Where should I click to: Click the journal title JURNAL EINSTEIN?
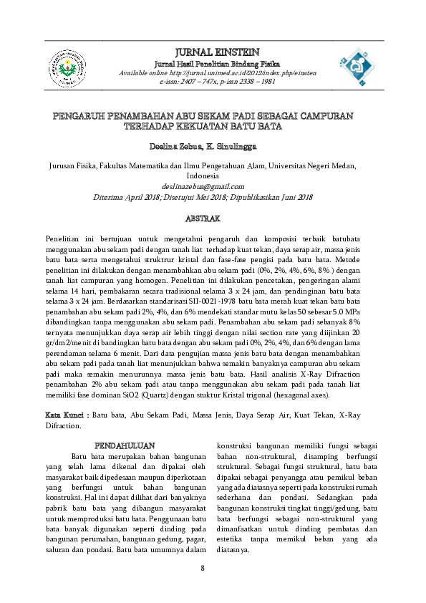217,52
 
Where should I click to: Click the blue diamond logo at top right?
355,70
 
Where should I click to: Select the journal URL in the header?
218,73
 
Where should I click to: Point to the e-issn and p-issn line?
218,82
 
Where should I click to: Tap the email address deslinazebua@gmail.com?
203,185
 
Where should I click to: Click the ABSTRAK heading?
203,216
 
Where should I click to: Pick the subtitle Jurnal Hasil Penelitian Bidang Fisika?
218,64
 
